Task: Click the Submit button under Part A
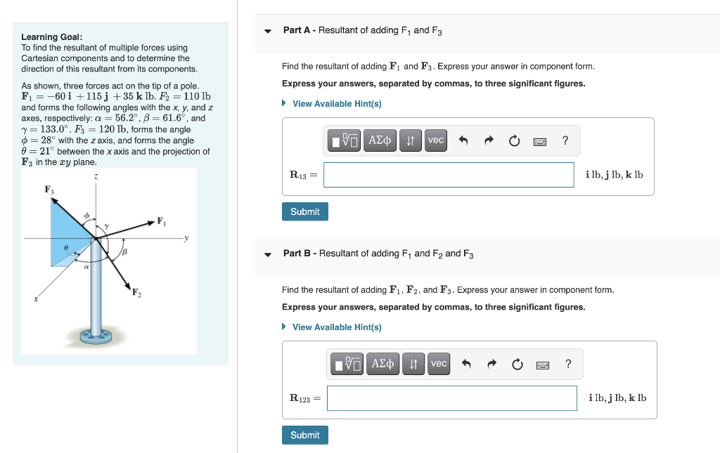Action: click(304, 211)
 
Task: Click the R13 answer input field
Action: click(449, 175)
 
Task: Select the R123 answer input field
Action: click(451, 398)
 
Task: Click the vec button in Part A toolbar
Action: click(436, 140)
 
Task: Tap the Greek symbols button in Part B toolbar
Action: click(383, 364)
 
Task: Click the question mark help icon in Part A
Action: click(565, 140)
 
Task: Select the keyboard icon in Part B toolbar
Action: click(543, 365)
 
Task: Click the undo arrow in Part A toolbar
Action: click(463, 140)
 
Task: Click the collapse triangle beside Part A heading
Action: click(268, 31)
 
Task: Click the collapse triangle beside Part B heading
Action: click(268, 254)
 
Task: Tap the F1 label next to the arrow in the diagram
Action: click(161, 222)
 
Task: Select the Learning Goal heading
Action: click(51, 37)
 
